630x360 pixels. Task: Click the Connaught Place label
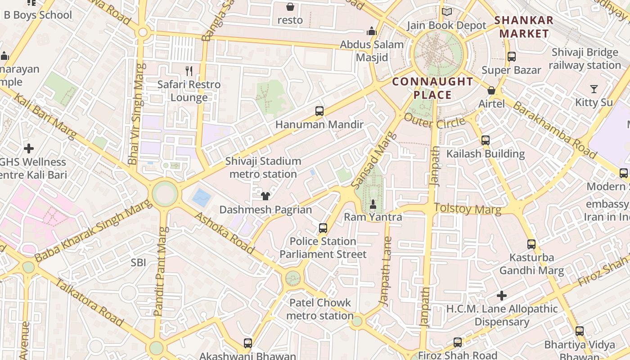pos(432,88)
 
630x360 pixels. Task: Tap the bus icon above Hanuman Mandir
pos(319,111)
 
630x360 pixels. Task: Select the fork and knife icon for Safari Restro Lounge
pos(189,71)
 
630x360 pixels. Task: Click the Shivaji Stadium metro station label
pos(263,167)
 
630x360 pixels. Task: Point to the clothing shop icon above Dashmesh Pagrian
pos(265,196)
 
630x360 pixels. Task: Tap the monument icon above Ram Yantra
pos(373,204)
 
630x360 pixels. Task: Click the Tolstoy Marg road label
pos(467,209)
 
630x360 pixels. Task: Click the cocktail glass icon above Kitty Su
pos(594,89)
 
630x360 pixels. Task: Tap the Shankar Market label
pos(524,27)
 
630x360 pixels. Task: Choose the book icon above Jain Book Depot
pos(446,12)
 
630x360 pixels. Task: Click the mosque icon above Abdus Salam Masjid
pos(372,31)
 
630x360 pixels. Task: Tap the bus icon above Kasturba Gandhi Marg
pos(531,244)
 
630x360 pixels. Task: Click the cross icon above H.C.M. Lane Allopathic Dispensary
pos(502,296)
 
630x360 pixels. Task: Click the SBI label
pos(138,262)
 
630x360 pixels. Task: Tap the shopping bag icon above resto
pos(290,7)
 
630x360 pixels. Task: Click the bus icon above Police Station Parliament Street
pos(323,228)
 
